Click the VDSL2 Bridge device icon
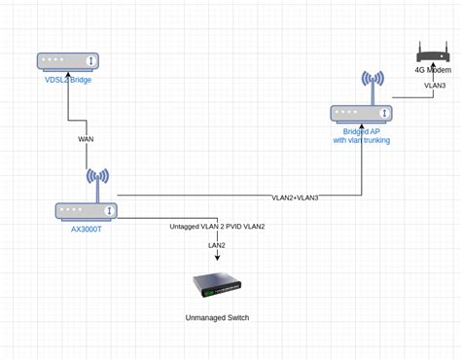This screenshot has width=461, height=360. [68, 61]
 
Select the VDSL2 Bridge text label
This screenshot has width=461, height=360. [68, 80]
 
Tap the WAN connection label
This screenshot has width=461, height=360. [87, 139]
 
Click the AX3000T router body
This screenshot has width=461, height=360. [87, 211]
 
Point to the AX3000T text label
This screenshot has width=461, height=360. [87, 230]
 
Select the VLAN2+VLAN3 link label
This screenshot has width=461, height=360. [295, 198]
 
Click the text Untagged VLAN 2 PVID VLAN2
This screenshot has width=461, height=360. [217, 226]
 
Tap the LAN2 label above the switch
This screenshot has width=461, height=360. [217, 245]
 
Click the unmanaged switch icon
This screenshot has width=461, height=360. [217, 284]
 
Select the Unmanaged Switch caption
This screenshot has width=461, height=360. [217, 318]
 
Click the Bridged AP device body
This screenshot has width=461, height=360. [361, 114]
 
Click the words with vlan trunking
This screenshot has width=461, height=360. [361, 141]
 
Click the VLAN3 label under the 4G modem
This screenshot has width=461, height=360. [434, 86]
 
